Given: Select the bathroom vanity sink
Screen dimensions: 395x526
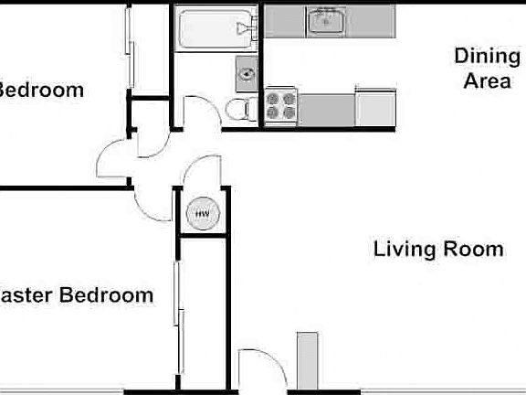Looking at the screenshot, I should pos(247,69).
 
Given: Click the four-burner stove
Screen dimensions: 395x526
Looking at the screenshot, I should pos(281,106).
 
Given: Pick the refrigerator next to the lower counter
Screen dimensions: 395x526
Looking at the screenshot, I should pos(373,106).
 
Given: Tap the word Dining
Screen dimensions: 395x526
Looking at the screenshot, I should pos(486,57).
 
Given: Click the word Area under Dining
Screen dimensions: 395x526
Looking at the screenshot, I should pos(486,82).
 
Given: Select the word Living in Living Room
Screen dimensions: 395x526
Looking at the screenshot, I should pos(407,249).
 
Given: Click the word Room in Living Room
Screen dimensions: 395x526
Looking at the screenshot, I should pos(473,249).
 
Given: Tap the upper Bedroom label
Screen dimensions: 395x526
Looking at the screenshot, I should pos(41,91).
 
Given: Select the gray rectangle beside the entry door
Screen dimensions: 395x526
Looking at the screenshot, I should pos(306,360).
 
